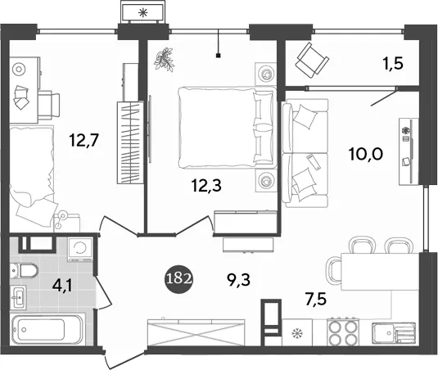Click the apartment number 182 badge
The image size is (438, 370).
[178, 279]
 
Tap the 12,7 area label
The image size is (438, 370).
[84, 140]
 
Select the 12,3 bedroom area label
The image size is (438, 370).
[206, 185]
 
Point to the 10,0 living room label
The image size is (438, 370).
[366, 154]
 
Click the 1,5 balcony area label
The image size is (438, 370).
[392, 64]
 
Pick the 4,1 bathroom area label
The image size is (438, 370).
[62, 287]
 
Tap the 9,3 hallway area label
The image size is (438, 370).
[238, 280]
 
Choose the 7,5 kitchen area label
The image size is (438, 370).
[315, 300]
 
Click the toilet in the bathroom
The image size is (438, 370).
[24, 271]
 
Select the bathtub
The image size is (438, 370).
[48, 330]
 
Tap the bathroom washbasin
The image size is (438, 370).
[19, 297]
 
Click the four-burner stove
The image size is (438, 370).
[342, 332]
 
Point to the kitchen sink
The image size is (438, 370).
[393, 333]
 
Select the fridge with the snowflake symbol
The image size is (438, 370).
[297, 332]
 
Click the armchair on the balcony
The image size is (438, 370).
[312, 61]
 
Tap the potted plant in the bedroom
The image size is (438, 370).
[165, 60]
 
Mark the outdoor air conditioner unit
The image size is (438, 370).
[143, 12]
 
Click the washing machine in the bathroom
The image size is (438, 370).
[80, 250]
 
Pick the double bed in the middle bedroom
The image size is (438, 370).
[226, 128]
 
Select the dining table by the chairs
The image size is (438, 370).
[380, 272]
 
